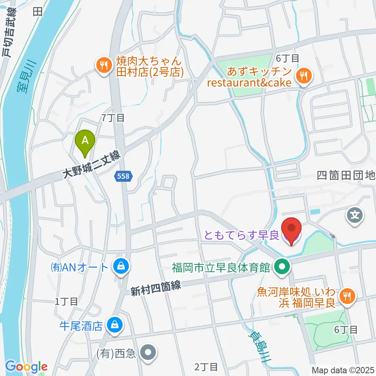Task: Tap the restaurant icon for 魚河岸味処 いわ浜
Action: tap(346, 296)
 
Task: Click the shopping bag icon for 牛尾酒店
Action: tap(115, 324)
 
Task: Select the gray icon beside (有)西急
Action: tap(148, 352)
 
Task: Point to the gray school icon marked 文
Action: tap(355, 215)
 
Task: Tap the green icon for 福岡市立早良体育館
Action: tap(282, 268)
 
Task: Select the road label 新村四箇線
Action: tap(155, 289)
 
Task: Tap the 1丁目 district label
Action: tap(66, 301)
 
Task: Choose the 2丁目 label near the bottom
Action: tap(206, 367)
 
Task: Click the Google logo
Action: tap(26, 367)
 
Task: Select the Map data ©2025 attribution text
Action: tap(343, 370)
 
